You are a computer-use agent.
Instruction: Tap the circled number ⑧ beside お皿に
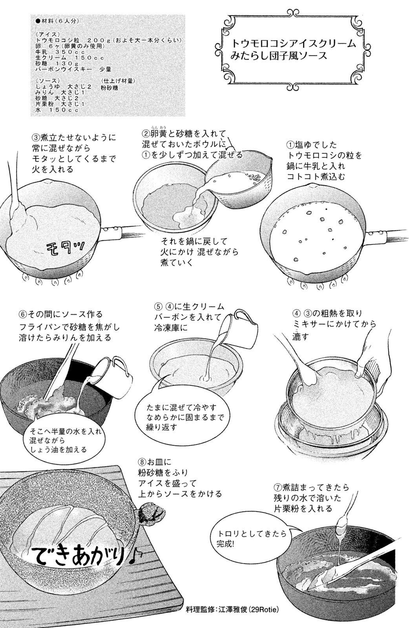coord(142,462)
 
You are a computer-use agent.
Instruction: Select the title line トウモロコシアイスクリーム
coord(294,44)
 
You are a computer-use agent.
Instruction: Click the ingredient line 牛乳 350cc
coord(60,52)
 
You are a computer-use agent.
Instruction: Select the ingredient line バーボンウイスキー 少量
coord(73,69)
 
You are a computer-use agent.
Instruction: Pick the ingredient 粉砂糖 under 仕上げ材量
coord(110,88)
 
